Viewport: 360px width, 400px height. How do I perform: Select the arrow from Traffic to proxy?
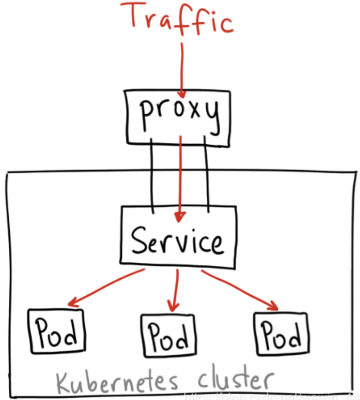point(182,69)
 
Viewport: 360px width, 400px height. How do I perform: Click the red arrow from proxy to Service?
point(181,175)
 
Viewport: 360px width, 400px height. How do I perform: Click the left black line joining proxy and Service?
point(152,175)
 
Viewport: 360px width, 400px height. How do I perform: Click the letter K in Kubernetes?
point(64,382)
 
